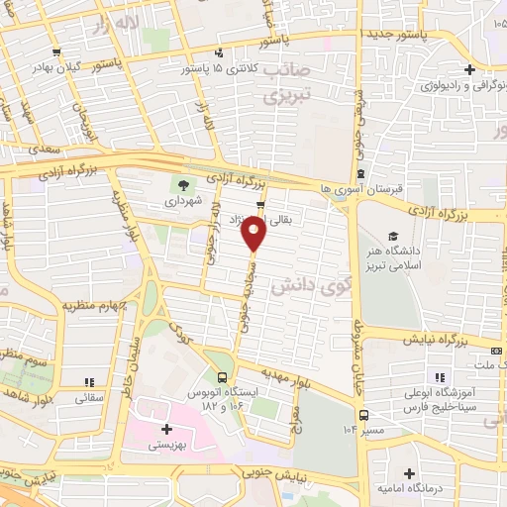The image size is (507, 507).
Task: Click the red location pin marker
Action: click(253, 234)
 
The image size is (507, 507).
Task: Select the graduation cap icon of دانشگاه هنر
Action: click(393, 237)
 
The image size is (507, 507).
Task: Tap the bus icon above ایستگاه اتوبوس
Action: click(223, 377)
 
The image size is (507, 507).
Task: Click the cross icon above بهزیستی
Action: click(166, 429)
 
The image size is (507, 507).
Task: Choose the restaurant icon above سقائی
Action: click(88, 381)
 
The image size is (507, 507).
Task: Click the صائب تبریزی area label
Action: click(288, 85)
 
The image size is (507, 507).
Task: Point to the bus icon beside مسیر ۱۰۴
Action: click(364, 414)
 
